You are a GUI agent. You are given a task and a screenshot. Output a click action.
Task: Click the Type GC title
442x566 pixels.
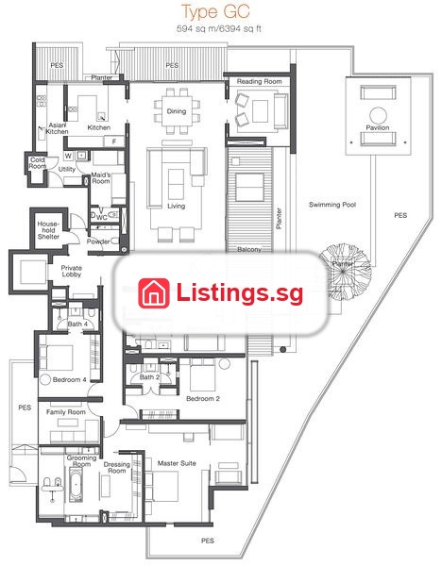pyautogui.click(x=215, y=11)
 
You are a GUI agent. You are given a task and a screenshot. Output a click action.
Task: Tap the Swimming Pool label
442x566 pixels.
pyautogui.click(x=332, y=205)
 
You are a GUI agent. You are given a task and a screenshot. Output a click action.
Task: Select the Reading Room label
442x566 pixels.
pyautogui.click(x=259, y=81)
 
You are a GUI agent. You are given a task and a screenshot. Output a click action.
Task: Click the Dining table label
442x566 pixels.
pyautogui.click(x=177, y=111)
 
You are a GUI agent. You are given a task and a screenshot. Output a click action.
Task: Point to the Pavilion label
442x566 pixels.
pyautogui.click(x=378, y=127)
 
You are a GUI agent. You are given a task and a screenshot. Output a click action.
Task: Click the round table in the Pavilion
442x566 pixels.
pyautogui.click(x=378, y=116)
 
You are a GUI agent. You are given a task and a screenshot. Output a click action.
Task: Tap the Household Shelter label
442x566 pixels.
pyautogui.click(x=48, y=230)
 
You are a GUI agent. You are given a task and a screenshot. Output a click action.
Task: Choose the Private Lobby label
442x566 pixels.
pyautogui.click(x=71, y=271)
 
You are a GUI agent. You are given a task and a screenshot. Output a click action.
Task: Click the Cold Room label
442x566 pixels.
pyautogui.click(x=37, y=163)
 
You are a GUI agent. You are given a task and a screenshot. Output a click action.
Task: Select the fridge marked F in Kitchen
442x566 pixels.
pyautogui.click(x=114, y=141)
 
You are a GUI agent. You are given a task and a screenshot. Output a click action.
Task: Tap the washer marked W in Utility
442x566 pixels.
pyautogui.click(x=68, y=156)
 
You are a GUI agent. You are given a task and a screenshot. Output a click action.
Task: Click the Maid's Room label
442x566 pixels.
pyautogui.click(x=101, y=178)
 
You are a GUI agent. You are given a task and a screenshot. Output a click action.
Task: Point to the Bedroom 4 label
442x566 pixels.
pyautogui.click(x=69, y=380)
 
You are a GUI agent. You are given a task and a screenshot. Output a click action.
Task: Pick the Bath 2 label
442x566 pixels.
pyautogui.click(x=149, y=376)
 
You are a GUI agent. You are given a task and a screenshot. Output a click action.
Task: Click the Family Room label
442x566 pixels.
pyautogui.click(x=66, y=412)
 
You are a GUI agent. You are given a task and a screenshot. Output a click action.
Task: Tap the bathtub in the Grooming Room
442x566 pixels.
pyautogui.click(x=76, y=485)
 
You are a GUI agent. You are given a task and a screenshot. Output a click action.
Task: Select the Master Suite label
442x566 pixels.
pyautogui.click(x=177, y=463)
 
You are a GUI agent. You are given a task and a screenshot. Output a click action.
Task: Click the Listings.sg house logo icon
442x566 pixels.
pyautogui.click(x=154, y=293)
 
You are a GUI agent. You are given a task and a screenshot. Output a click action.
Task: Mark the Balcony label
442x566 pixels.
pyautogui.click(x=249, y=249)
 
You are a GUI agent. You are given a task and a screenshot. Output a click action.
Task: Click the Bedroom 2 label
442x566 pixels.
pyautogui.click(x=203, y=398)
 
